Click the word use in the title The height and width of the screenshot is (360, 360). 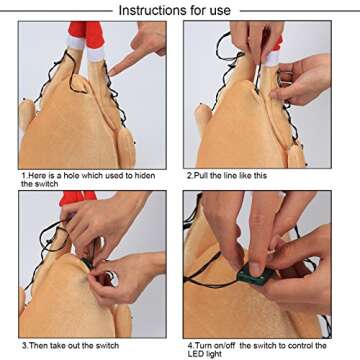(218, 10)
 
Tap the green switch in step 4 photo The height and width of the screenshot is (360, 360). (256, 275)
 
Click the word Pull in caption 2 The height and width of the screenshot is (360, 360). (201, 175)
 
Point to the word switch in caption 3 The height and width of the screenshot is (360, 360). (107, 345)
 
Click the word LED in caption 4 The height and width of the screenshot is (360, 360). (195, 353)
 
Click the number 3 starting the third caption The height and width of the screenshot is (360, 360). (24, 345)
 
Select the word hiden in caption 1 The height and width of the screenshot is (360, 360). (145, 175)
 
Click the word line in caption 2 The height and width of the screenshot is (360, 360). (230, 175)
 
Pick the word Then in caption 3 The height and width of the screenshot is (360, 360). (38, 345)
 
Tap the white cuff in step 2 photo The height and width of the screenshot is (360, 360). (272, 58)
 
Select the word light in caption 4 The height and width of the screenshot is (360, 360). (213, 354)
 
